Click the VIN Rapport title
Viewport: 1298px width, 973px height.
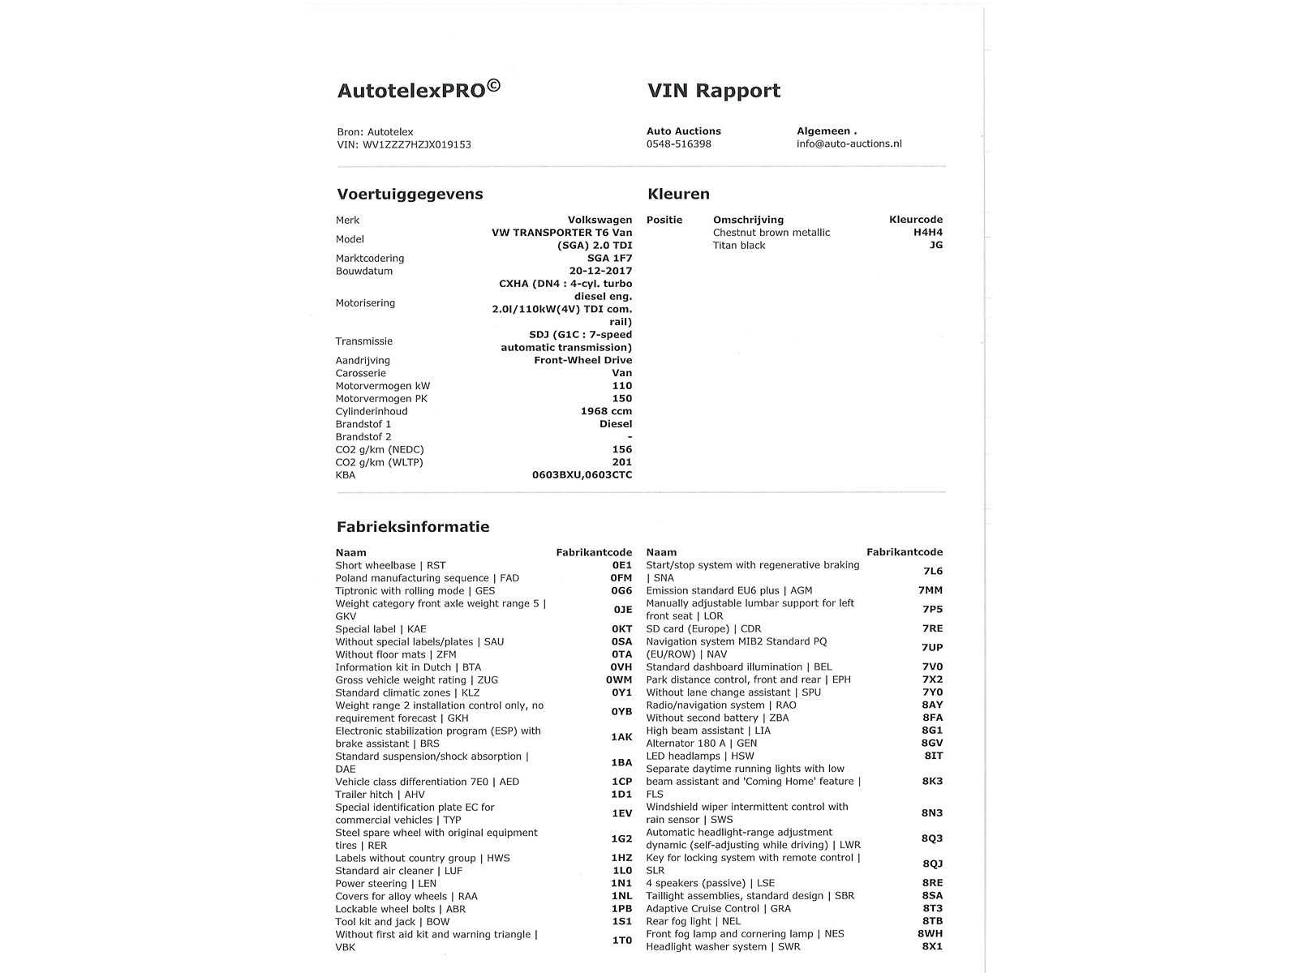[x=713, y=91]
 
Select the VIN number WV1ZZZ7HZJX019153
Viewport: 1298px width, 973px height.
[x=416, y=145]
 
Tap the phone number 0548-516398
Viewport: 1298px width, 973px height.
[x=678, y=144]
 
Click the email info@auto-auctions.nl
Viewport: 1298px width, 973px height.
[x=849, y=144]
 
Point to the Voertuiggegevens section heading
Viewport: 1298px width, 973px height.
[x=410, y=195]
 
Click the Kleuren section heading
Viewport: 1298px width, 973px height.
[x=678, y=195]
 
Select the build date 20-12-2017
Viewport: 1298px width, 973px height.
[x=600, y=272]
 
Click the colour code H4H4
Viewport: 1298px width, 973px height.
[x=927, y=233]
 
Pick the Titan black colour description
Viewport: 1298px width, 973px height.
[x=738, y=246]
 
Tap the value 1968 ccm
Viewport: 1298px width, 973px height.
[x=606, y=412]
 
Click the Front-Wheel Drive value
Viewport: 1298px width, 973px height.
[x=582, y=361]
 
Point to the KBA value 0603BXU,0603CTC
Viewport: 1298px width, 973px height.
[x=582, y=475]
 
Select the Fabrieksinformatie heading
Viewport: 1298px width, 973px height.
[x=413, y=527]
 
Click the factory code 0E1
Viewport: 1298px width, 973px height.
[x=621, y=566]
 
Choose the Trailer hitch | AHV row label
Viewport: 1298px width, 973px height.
[x=380, y=795]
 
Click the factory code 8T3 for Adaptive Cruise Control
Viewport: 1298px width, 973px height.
[x=932, y=909]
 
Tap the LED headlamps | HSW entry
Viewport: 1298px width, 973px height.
[x=699, y=757]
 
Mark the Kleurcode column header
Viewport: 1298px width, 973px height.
[x=915, y=220]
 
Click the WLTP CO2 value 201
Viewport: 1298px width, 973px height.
[x=621, y=463]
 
